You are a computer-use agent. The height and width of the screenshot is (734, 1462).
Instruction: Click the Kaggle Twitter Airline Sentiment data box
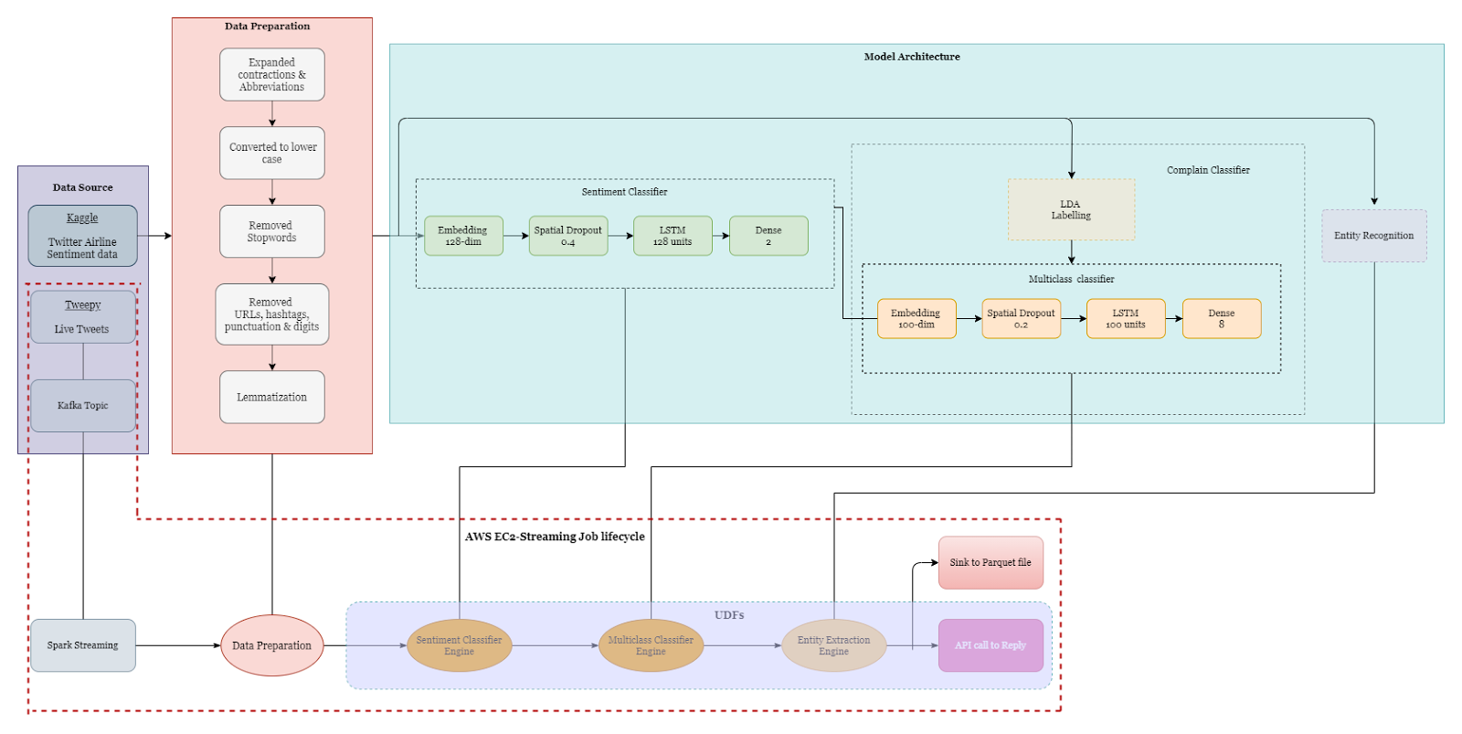pos(82,236)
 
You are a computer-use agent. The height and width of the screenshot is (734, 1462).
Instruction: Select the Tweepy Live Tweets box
pos(82,317)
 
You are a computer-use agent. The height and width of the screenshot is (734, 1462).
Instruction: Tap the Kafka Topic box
pos(82,406)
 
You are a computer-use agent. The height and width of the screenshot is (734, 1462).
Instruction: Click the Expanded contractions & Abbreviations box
pos(271,75)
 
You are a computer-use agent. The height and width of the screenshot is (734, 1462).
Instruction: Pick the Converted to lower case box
pos(271,153)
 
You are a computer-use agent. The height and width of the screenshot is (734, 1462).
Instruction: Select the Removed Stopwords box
pos(271,231)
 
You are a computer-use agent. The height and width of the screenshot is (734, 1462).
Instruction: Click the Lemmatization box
pos(271,397)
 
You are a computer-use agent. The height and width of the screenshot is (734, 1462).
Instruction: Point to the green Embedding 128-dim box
pos(463,236)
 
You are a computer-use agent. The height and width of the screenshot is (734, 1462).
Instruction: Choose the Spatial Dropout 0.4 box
pos(567,236)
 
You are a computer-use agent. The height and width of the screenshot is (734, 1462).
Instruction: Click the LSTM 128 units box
pos(673,236)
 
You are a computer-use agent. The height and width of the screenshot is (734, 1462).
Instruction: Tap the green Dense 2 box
pos(768,236)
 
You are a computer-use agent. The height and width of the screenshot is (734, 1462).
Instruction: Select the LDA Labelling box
pos(1071,210)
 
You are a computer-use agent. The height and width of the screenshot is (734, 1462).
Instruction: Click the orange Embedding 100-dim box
pos(916,318)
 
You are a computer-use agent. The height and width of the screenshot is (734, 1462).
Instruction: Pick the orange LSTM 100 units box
pos(1126,318)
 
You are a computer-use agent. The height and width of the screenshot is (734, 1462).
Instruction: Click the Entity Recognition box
pos(1373,236)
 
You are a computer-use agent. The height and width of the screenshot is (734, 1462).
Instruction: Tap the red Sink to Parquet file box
pos(991,562)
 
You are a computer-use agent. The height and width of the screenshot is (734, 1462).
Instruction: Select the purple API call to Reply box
pos(991,645)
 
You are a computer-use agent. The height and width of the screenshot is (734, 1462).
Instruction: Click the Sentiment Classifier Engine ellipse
pos(459,645)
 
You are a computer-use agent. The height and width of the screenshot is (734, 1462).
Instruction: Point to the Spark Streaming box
pos(82,645)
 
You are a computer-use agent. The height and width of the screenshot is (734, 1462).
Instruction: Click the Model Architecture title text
pos(912,57)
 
